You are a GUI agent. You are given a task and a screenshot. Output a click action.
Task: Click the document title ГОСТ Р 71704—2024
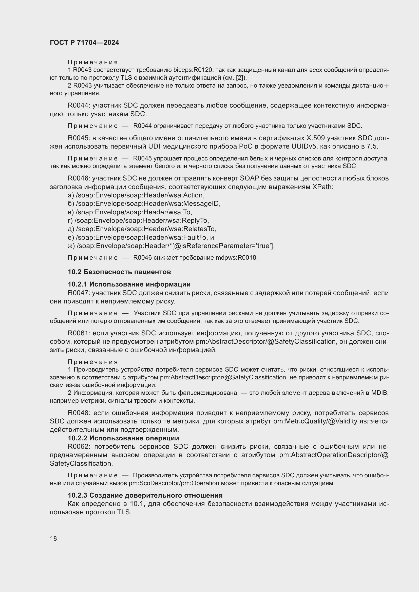84,43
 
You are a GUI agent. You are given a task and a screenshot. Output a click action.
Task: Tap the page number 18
53,538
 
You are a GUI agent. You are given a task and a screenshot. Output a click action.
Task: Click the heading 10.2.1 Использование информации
129,284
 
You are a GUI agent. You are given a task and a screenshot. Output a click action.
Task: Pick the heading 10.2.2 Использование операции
123,438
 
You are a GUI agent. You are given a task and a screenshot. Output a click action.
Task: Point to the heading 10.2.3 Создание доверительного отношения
145,495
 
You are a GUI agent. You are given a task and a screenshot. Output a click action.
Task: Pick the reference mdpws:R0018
236,258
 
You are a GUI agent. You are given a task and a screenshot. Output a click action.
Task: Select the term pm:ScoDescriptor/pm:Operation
174,483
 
